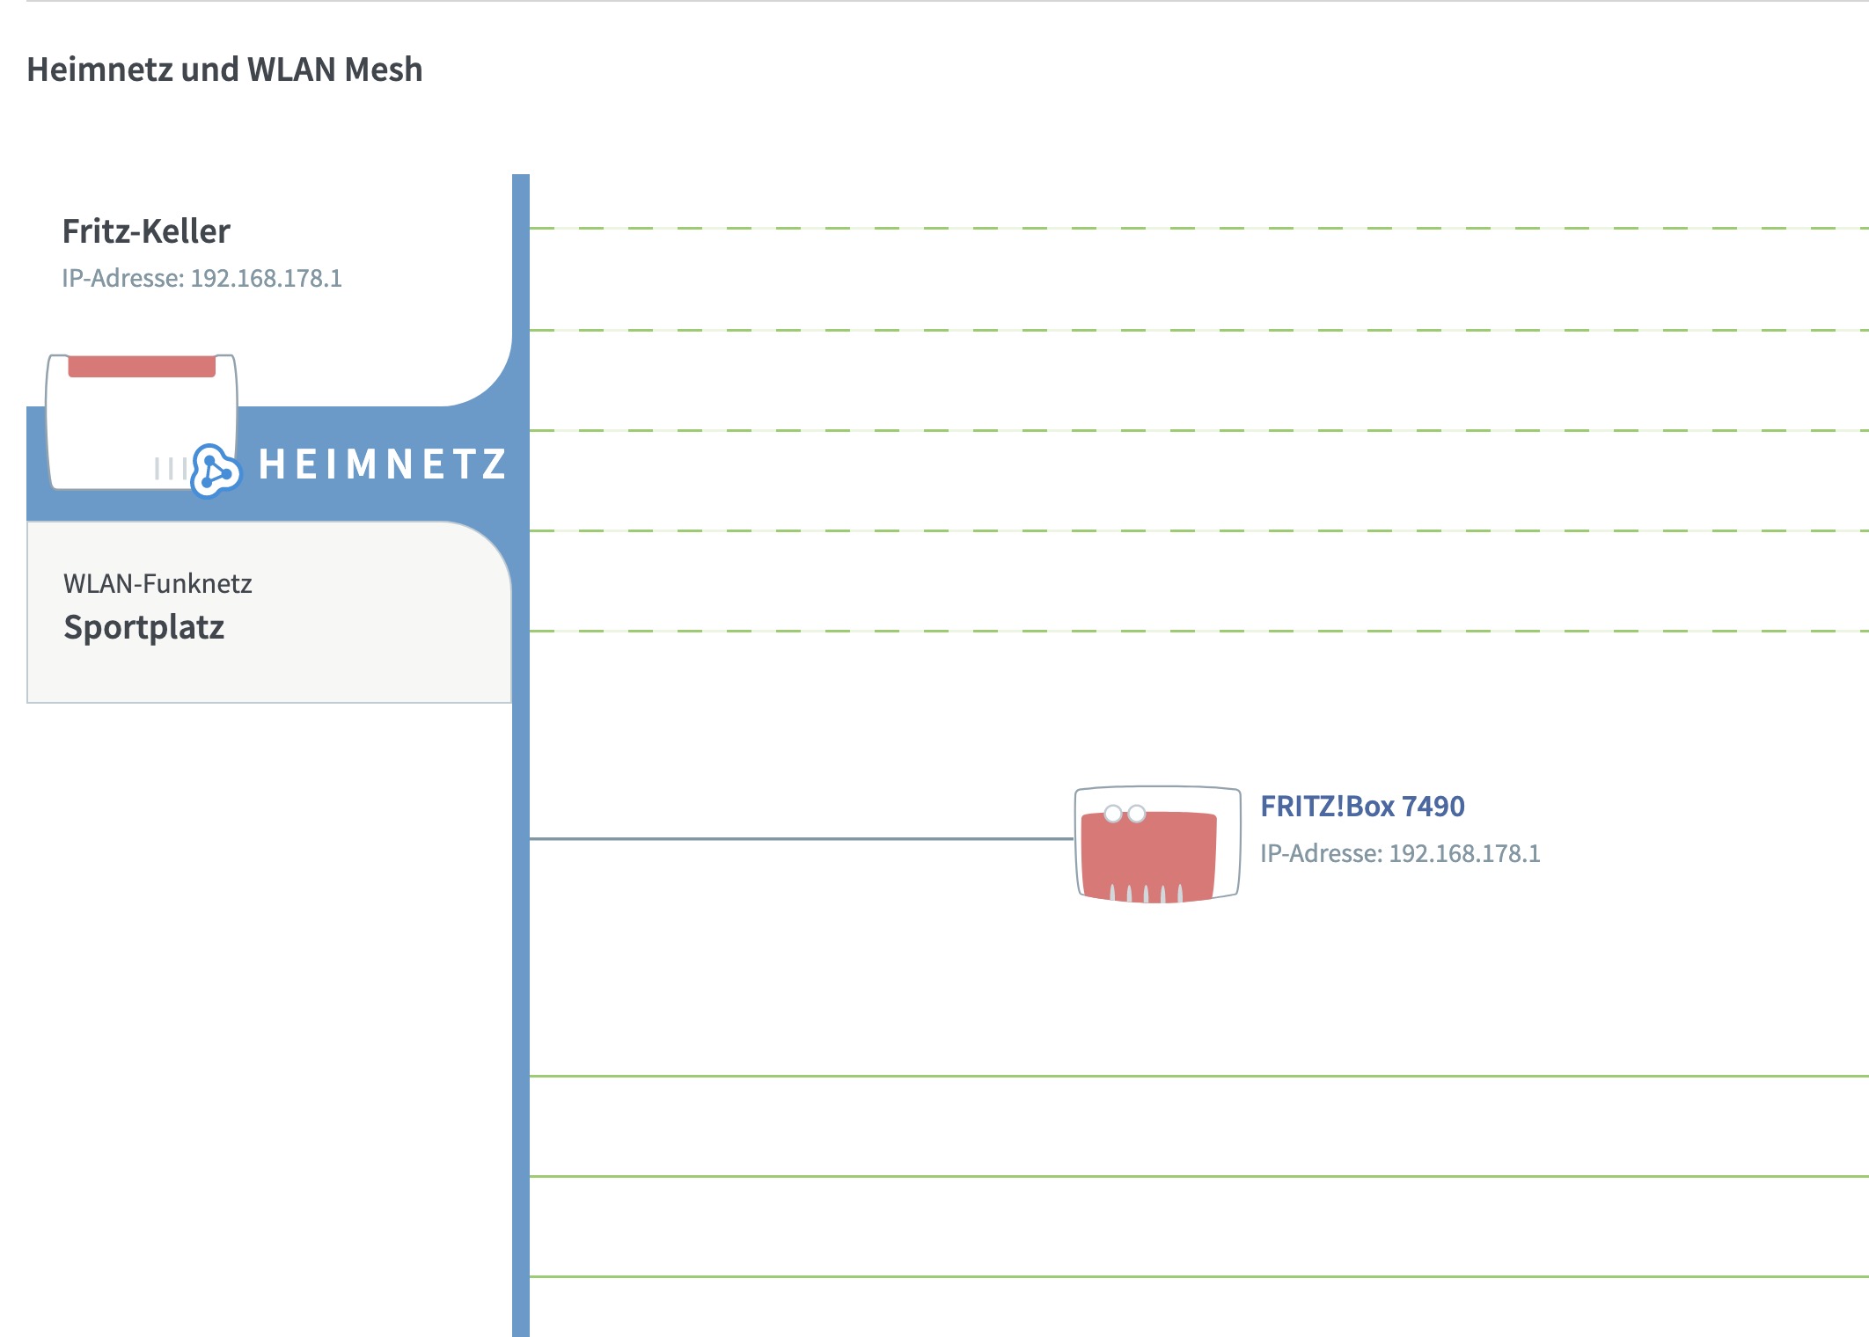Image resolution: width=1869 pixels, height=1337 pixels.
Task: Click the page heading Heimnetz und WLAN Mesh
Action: (224, 69)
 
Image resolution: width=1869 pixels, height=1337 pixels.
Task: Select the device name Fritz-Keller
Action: (146, 231)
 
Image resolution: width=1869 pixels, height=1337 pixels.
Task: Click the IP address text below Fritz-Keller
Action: (202, 278)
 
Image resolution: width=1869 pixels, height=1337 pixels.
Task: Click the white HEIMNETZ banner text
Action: (383, 464)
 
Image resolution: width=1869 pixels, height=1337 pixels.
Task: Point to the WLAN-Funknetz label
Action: (158, 583)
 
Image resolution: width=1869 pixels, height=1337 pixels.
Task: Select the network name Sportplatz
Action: (144, 627)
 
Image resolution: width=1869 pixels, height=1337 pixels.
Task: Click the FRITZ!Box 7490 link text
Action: (1362, 806)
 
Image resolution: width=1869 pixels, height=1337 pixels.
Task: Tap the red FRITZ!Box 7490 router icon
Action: (1157, 844)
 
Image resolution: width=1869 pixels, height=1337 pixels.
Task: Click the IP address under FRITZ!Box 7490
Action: (1400, 853)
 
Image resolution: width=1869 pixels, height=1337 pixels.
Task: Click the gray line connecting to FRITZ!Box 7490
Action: (802, 838)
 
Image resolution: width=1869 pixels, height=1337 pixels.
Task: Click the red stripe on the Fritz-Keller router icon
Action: (142, 366)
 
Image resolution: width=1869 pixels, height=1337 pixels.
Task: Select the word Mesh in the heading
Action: (384, 69)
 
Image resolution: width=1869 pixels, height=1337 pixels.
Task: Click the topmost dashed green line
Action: (1199, 228)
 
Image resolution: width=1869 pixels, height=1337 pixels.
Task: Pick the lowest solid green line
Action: (1199, 1276)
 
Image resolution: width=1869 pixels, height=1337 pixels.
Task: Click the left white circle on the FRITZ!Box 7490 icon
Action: (1113, 814)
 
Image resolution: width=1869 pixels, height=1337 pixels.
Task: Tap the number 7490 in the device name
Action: (1433, 806)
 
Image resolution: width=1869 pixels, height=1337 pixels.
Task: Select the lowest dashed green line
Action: (1199, 631)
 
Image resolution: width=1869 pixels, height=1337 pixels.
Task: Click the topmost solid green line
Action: (1199, 1076)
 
